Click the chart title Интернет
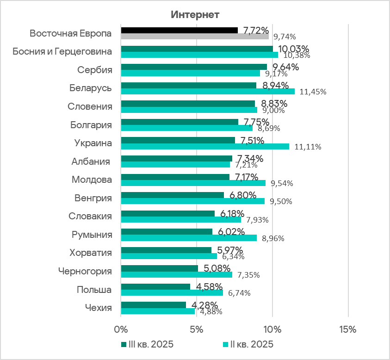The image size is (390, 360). [195, 14]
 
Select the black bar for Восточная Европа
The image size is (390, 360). [179, 30]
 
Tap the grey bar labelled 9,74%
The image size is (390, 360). [194, 36]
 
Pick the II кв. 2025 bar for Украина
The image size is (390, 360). [204, 146]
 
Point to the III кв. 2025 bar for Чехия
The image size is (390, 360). [153, 305]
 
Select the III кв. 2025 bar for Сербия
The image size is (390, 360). [194, 67]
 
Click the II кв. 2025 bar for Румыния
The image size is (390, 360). [188, 238]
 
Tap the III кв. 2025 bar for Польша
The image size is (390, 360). [155, 286]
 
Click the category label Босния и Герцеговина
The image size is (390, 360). [62, 51]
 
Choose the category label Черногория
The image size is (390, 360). [85, 271]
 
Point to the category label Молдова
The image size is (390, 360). [92, 180]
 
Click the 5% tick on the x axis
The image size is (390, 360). [197, 330]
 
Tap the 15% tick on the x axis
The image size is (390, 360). [347, 330]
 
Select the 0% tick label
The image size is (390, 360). [121, 330]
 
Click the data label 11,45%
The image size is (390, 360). [313, 92]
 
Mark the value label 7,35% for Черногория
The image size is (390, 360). [248, 275]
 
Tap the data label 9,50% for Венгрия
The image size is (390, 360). [282, 201]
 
